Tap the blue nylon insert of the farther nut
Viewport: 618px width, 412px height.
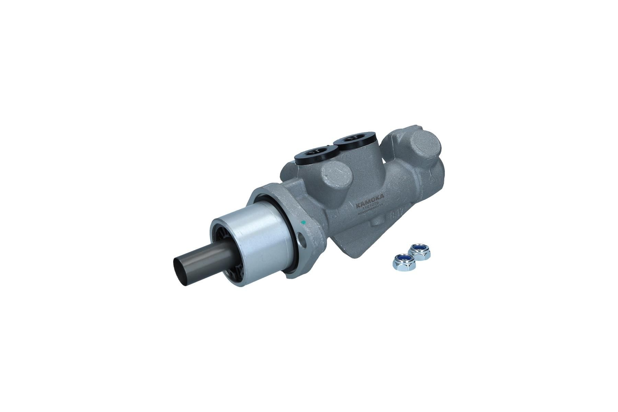[420, 248]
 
